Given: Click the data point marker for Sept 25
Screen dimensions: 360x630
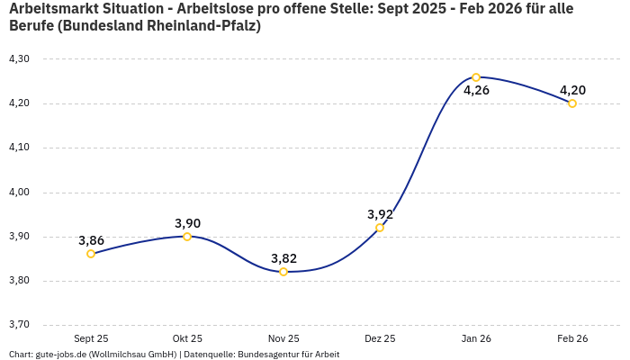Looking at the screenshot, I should (x=91, y=254).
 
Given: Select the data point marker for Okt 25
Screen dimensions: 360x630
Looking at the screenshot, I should (x=187, y=237).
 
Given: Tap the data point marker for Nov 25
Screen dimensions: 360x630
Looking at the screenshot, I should (x=283, y=272).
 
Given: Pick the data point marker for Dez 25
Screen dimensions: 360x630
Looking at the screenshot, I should (x=380, y=228).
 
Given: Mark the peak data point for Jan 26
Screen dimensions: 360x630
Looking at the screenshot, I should (x=476, y=77).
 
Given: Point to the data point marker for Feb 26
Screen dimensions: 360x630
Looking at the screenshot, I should (x=572, y=103).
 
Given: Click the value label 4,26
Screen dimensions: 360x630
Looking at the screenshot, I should (x=476, y=90).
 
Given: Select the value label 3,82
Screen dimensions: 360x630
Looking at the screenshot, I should (x=283, y=258).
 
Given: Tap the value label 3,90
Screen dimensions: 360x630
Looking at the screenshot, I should (x=187, y=223).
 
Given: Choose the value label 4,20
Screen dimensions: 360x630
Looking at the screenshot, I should (x=572, y=90).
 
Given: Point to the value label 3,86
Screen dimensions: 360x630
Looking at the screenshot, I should (x=91, y=240).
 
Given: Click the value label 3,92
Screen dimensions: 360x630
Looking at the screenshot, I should (x=380, y=214).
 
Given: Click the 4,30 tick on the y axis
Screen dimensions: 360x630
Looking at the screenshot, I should (x=19, y=58).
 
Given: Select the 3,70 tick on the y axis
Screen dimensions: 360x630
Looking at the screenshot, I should (x=19, y=325).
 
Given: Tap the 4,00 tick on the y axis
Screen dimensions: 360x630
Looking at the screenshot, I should (x=19, y=192).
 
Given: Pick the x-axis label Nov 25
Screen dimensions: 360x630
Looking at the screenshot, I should (x=283, y=339).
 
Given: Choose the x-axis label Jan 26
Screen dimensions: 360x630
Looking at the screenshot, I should (x=476, y=339).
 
